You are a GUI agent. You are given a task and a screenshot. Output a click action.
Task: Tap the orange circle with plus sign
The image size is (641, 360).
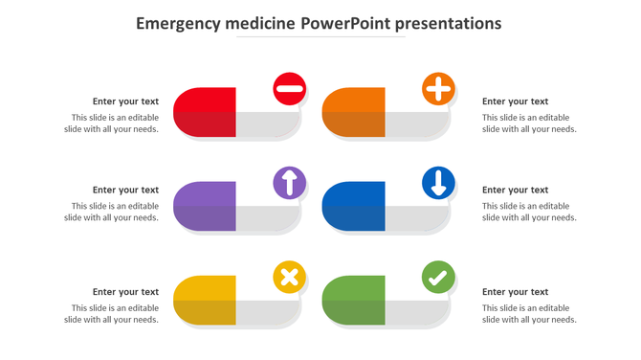click(438, 89)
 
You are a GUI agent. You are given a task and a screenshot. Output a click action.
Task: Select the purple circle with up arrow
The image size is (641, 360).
click(289, 182)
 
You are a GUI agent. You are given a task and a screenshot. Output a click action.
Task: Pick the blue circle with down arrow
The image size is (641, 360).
click(438, 182)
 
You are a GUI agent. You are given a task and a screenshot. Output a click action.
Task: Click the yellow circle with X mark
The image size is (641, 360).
click(289, 278)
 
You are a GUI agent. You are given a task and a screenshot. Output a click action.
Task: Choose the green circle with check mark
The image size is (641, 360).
click(438, 278)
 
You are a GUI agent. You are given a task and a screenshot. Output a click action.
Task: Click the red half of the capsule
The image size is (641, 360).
click(205, 112)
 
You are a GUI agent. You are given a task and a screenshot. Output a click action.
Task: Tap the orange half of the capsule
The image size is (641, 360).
click(354, 112)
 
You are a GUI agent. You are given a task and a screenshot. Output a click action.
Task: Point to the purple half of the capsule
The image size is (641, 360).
click(205, 206)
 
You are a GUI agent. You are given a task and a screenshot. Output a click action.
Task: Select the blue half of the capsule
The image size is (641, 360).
click(354, 206)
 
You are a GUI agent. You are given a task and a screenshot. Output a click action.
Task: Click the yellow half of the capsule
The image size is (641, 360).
click(205, 301)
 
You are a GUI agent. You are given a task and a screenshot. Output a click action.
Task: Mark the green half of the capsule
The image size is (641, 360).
click(354, 301)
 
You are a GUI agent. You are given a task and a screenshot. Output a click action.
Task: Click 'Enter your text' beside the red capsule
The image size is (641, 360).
click(125, 101)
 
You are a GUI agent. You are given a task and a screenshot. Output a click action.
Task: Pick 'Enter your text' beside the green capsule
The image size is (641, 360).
click(515, 292)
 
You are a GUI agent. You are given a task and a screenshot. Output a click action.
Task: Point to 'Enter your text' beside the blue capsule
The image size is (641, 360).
click(515, 191)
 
